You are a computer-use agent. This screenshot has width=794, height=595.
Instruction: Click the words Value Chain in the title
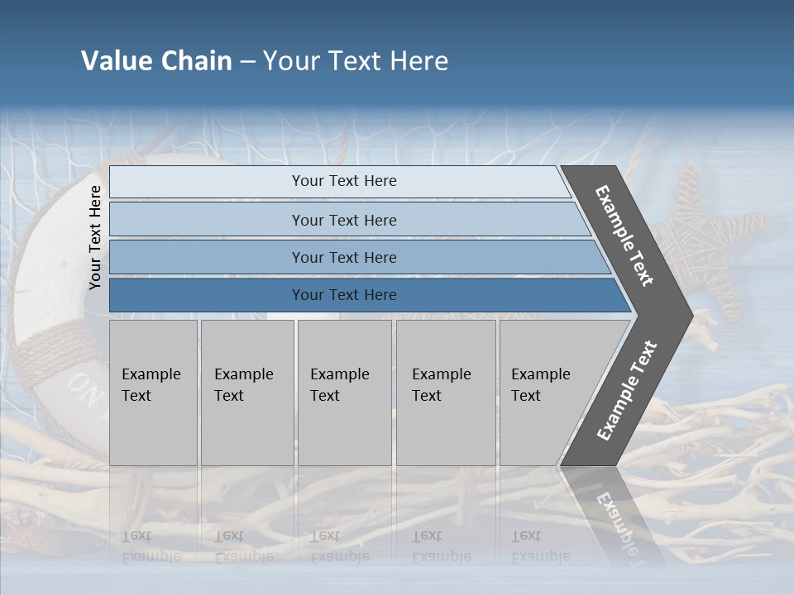pos(156,61)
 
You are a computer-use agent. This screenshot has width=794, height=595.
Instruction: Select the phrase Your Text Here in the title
pos(356,61)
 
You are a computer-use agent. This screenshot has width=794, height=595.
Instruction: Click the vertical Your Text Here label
pos(95,238)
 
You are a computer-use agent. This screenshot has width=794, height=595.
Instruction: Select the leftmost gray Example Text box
pos(153,393)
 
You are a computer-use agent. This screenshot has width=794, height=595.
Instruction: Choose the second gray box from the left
pos(246,393)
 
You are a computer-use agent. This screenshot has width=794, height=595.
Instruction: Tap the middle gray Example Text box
pos(344,393)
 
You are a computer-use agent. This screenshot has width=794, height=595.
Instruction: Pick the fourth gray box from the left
pos(446,393)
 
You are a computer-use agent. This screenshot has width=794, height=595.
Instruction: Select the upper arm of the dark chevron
pos(625,235)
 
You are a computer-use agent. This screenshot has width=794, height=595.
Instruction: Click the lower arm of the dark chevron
pos(625,393)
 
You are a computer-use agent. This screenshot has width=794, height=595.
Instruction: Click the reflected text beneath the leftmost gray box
pos(151,546)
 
